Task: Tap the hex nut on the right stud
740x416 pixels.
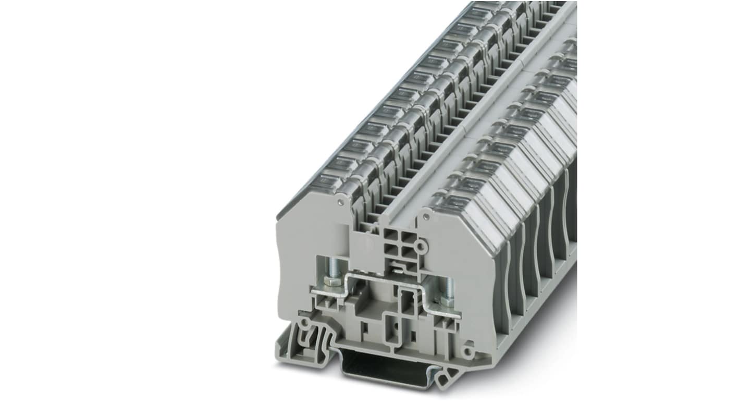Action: [x=448, y=301]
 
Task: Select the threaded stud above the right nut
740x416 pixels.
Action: [x=447, y=286]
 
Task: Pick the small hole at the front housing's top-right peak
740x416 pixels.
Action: [x=425, y=215]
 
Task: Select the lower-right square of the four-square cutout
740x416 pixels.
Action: [x=409, y=253]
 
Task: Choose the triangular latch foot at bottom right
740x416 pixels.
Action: [x=447, y=378]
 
